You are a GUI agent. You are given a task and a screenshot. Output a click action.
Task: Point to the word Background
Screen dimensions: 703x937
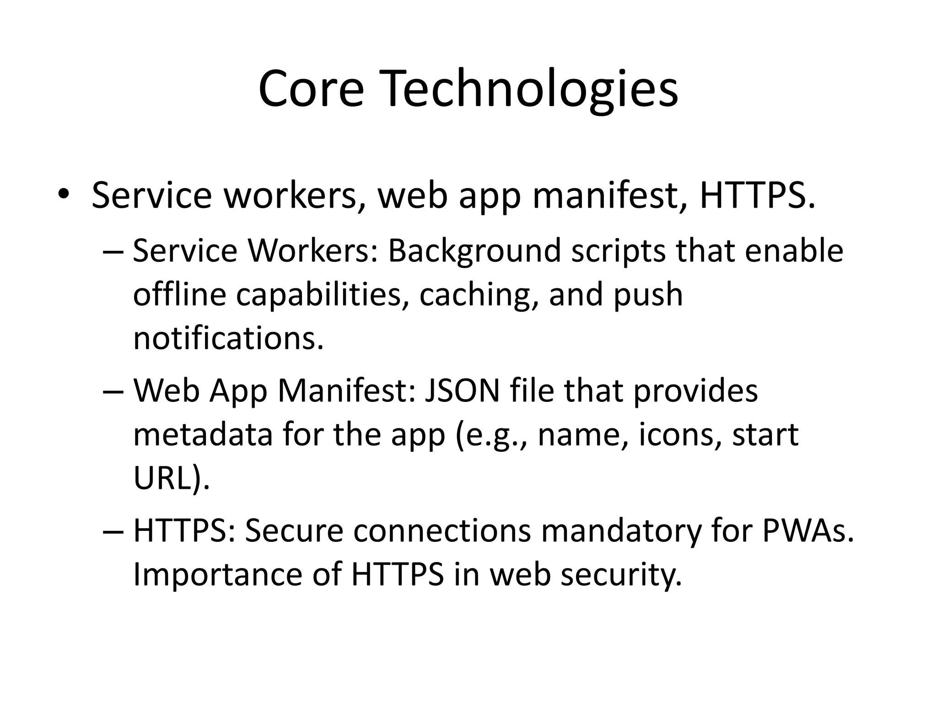coord(474,251)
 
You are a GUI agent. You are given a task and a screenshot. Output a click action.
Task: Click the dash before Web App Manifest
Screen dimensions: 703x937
coord(112,391)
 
